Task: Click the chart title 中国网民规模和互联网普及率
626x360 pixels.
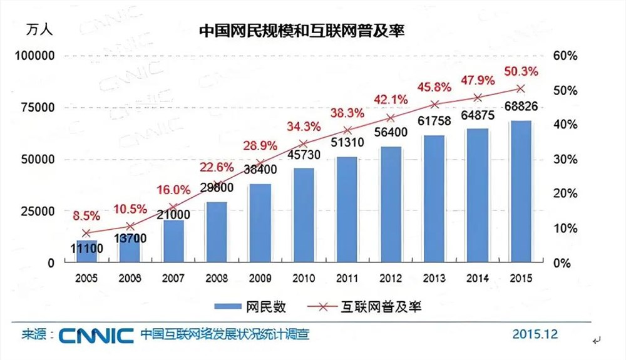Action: click(300, 31)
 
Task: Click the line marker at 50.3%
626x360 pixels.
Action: click(520, 88)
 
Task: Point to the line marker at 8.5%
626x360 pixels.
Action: click(86, 233)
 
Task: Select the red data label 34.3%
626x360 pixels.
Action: click(303, 127)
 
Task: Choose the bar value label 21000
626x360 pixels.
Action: click(173, 214)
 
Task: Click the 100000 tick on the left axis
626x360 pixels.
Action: click(35, 56)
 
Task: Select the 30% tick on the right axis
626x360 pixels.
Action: click(565, 159)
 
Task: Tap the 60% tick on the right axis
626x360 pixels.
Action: click(565, 56)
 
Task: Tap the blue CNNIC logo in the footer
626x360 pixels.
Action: click(96, 335)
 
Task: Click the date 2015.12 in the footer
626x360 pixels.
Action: click(535, 333)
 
